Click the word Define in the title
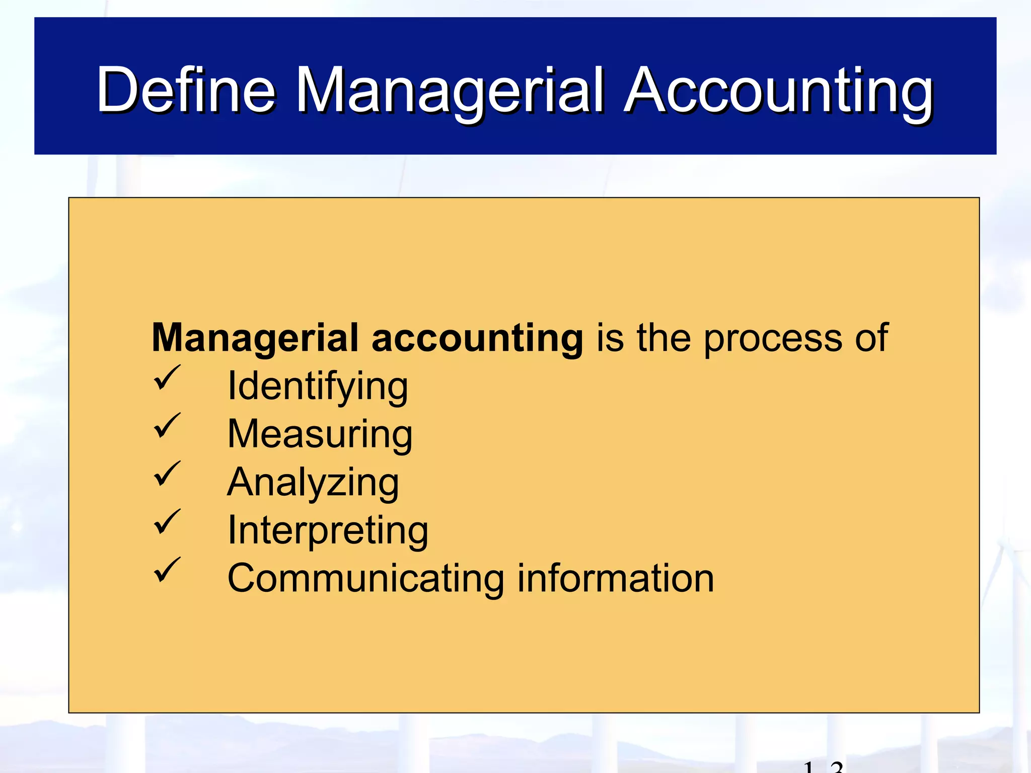click(186, 91)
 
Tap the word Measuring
click(320, 434)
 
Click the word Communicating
click(365, 579)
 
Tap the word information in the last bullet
click(615, 578)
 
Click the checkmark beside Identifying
click(167, 378)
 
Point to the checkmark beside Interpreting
click(167, 522)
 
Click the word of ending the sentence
click(871, 338)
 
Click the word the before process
click(664, 338)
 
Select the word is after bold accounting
click(610, 338)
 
